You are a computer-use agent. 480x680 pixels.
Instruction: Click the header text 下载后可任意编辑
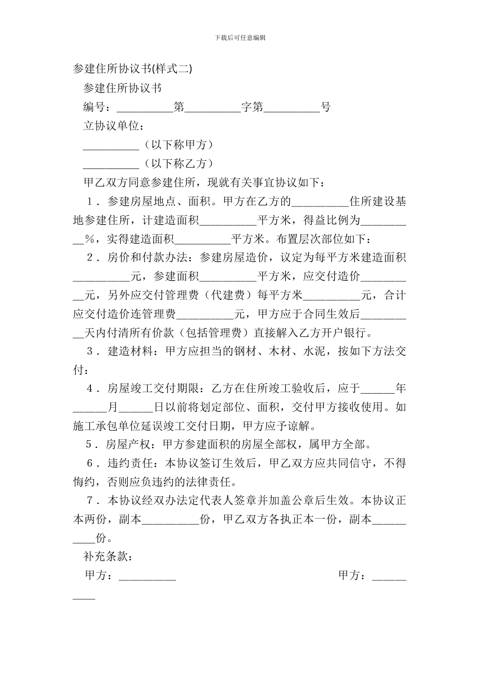240,37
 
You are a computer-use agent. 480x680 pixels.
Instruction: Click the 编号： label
100,107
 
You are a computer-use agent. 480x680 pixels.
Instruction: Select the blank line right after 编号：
145,108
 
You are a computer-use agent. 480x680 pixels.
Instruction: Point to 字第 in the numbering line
252,107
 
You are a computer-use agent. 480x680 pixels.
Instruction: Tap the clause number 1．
93,201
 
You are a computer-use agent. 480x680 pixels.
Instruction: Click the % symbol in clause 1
89,239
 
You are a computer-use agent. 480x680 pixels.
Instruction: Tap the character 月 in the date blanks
113,407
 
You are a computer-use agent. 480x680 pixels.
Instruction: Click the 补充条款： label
108,557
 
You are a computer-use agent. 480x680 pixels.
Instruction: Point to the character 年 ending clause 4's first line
401,389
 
